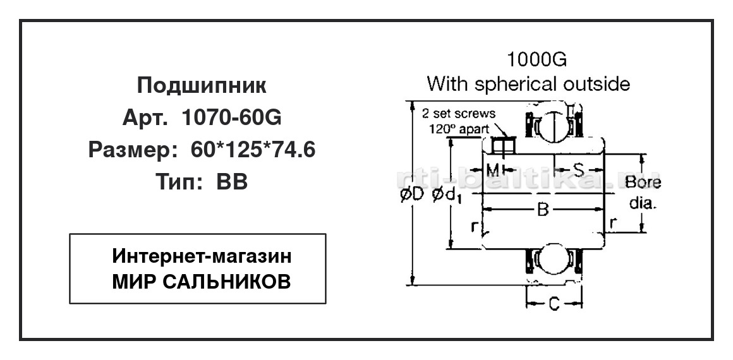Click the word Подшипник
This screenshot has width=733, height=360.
tap(202, 86)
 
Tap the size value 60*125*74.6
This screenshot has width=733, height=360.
tap(253, 150)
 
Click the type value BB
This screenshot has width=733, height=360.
tap(231, 181)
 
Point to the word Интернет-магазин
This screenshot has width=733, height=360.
tap(202, 256)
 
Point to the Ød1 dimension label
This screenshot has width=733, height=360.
tap(447, 197)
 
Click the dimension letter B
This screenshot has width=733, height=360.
tap(542, 210)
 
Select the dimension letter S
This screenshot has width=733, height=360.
tap(579, 169)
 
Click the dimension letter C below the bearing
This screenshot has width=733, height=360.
tap(554, 304)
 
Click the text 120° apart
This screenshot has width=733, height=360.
tap(459, 128)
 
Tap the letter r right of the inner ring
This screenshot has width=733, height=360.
tap(612, 224)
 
